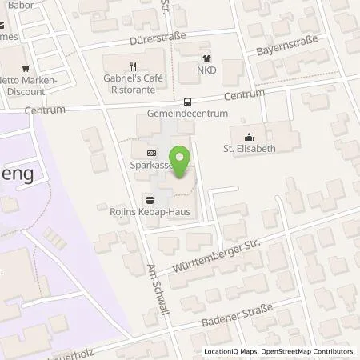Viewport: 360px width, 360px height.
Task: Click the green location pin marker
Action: tap(182, 162)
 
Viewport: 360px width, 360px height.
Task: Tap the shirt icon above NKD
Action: tap(207, 58)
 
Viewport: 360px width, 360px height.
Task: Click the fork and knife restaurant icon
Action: tap(133, 66)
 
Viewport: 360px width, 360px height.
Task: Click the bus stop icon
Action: tap(187, 102)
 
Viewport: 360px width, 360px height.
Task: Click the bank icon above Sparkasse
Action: tap(150, 154)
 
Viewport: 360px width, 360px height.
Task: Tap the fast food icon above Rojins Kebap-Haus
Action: tap(150, 198)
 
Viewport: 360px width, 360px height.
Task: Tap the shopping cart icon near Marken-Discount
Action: tap(26, 68)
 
